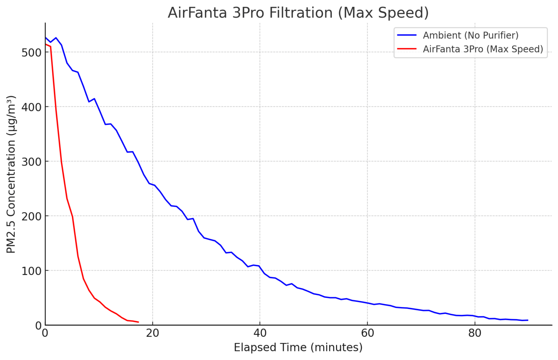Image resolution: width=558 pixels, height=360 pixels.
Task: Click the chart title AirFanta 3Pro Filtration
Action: pyautogui.click(x=298, y=13)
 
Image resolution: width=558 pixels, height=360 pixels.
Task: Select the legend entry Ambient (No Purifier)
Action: pyautogui.click(x=470, y=35)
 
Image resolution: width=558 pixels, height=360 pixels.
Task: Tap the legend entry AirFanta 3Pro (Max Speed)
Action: pyautogui.click(x=483, y=49)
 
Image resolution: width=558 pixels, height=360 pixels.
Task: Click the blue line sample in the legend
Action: pyautogui.click(x=407, y=35)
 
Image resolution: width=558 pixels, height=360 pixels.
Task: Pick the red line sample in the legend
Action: pyautogui.click(x=407, y=49)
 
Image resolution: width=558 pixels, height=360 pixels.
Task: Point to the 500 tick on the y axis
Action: pyautogui.click(x=31, y=52)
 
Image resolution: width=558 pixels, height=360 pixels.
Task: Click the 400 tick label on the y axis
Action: pyautogui.click(x=31, y=107)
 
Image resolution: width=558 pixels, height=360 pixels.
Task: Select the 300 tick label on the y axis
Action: pyautogui.click(x=31, y=162)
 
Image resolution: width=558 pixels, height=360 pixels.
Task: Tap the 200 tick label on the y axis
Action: pyautogui.click(x=31, y=216)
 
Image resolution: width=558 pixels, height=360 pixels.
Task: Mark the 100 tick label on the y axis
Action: pyautogui.click(x=31, y=271)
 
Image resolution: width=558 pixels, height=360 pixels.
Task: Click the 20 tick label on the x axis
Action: pyautogui.click(x=153, y=333)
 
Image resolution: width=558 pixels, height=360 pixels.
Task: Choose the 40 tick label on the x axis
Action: pyautogui.click(x=260, y=333)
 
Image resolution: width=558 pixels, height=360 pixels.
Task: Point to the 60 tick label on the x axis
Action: pyautogui.click(x=367, y=333)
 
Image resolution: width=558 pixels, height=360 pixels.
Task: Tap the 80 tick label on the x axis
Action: pyautogui.click(x=474, y=333)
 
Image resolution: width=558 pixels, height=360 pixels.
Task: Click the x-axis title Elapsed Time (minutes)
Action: pyautogui.click(x=298, y=348)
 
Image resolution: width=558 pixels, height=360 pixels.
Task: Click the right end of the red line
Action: pyautogui.click(x=138, y=322)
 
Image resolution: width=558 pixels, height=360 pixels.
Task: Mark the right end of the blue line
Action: pyautogui.click(x=528, y=320)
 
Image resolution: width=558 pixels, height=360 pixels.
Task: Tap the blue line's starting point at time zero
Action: pyautogui.click(x=45, y=37)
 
